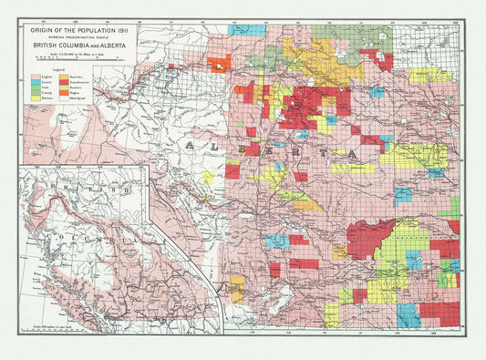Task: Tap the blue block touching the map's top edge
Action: click(x=247, y=30)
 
